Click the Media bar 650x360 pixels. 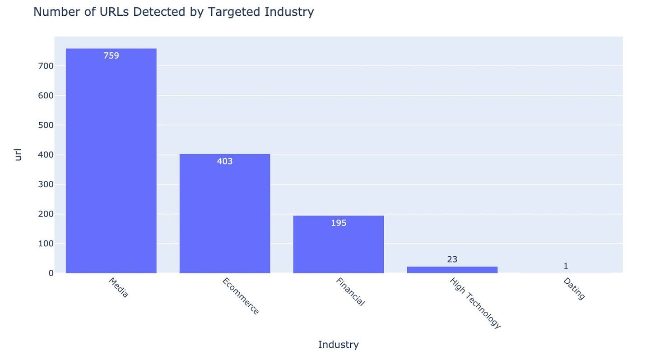111,162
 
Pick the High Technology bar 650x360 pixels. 452,270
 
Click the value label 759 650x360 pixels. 111,56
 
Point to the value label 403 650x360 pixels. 225,162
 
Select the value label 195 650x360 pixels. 339,223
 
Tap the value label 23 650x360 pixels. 452,259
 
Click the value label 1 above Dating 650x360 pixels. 566,266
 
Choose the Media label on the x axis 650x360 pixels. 119,287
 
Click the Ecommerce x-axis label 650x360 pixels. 241,296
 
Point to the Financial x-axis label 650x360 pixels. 350,292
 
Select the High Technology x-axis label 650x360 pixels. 475,303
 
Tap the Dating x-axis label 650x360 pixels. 574,289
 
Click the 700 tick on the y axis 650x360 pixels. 46,66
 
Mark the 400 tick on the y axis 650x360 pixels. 46,155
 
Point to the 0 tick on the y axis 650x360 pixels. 51,273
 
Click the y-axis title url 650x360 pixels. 18,155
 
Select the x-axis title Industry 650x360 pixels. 338,345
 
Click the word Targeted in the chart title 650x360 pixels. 234,12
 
